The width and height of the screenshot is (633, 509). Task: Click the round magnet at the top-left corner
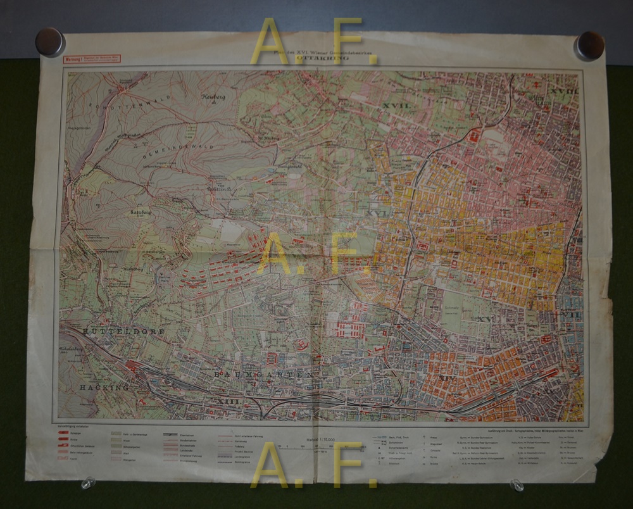point(49,42)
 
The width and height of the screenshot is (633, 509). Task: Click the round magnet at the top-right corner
point(589,45)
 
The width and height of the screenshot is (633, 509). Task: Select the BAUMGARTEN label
point(263,375)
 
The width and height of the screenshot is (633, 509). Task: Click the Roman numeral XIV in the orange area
point(447,378)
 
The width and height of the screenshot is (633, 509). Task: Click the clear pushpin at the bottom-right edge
point(517,485)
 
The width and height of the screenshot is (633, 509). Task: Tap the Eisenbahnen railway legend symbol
point(170,436)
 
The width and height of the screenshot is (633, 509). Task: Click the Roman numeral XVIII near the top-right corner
point(563,91)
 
